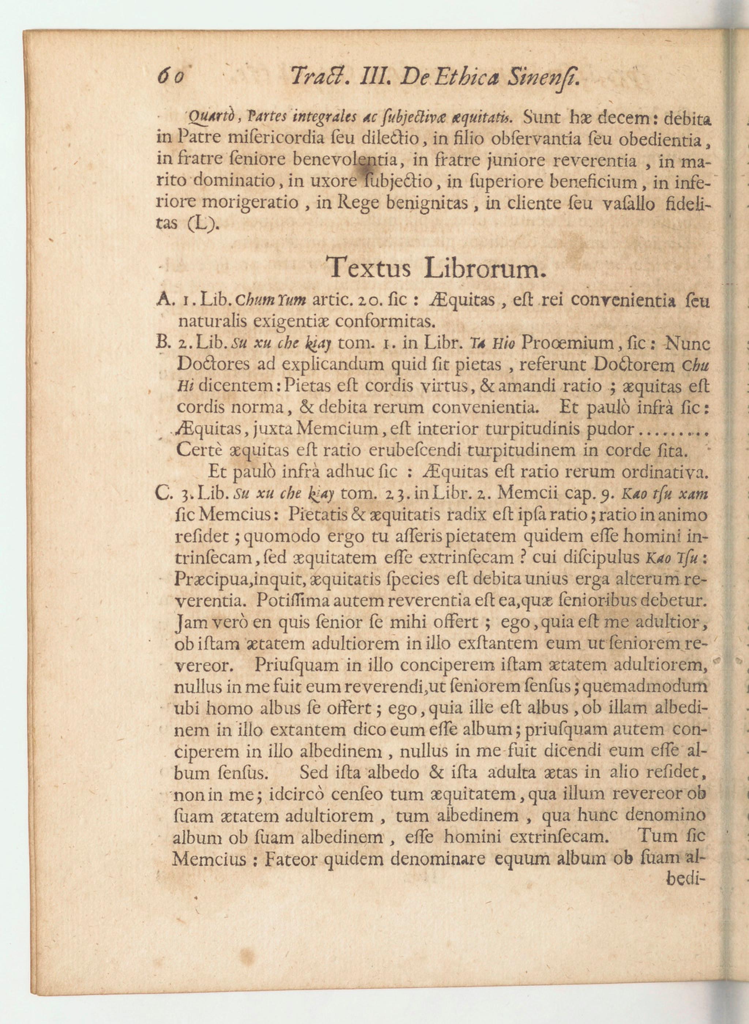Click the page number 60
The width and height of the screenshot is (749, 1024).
click(170, 77)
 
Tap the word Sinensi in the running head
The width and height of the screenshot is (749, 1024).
click(543, 78)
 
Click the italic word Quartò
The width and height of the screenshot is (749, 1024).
click(207, 120)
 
